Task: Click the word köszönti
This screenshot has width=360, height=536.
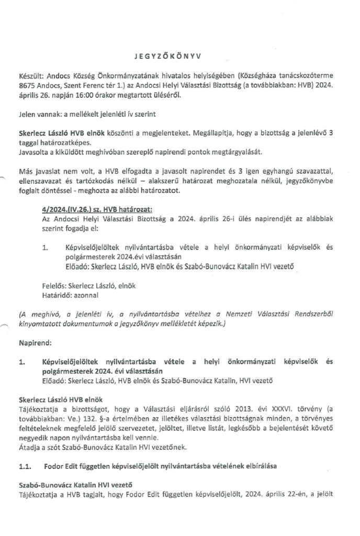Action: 109,133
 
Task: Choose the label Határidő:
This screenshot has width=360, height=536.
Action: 57,295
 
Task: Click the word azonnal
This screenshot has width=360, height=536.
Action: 89,295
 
